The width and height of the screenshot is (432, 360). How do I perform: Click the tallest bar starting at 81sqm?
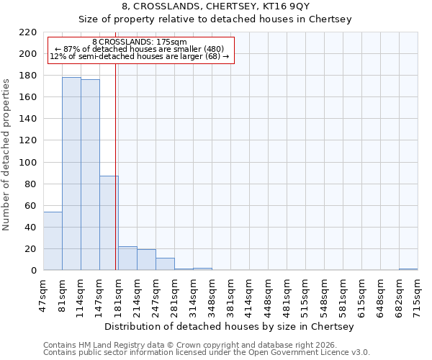(71, 174)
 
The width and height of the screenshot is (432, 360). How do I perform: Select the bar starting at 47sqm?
(53, 241)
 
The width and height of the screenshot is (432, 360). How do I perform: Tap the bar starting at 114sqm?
(90, 175)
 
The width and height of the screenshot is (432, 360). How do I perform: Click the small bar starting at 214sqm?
(146, 260)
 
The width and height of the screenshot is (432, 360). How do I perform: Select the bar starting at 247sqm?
(165, 264)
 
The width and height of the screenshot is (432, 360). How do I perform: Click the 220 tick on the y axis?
(28, 32)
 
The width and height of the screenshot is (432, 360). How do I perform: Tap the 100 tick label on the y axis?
(28, 163)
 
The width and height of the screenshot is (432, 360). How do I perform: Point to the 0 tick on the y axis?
(34, 271)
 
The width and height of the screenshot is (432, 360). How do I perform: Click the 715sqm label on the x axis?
(418, 295)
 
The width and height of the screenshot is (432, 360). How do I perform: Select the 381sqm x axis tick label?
(231, 295)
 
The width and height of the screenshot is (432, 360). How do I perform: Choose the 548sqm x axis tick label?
(325, 295)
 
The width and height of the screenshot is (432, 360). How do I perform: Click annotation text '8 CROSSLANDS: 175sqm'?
(140, 42)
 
